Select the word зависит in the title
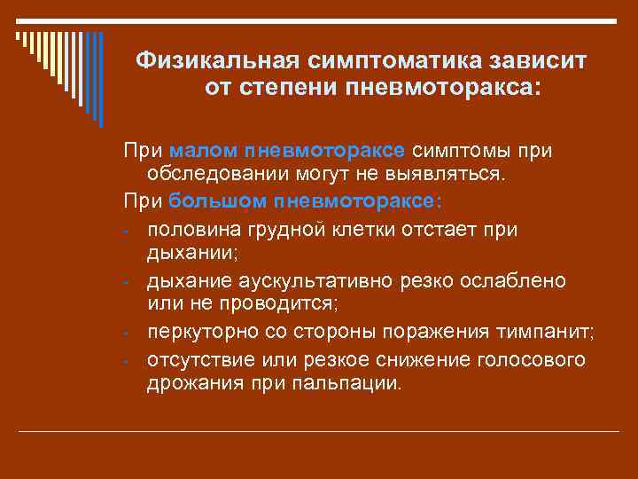click(x=539, y=61)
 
